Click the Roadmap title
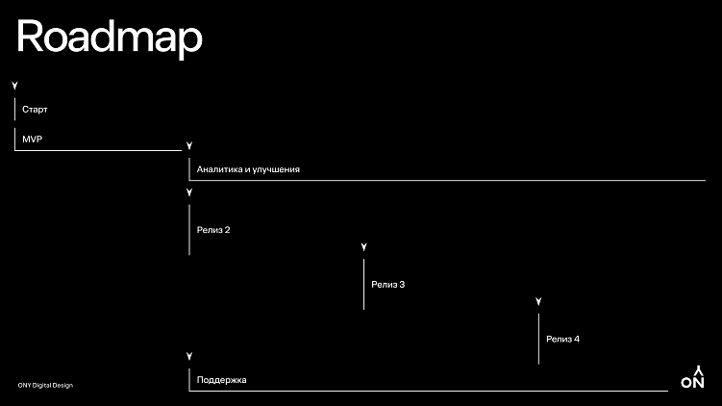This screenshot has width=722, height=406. pyautogui.click(x=109, y=38)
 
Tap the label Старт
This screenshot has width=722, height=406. pyautogui.click(x=35, y=110)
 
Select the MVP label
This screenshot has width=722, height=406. pyautogui.click(x=33, y=140)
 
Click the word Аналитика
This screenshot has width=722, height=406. pyautogui.click(x=218, y=169)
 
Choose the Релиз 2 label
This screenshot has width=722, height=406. pyautogui.click(x=213, y=230)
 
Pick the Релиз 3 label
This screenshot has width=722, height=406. pyautogui.click(x=387, y=285)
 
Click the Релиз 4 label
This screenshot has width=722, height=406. pyautogui.click(x=562, y=339)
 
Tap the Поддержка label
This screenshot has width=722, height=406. pyautogui.click(x=221, y=380)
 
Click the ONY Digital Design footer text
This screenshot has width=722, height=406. pyautogui.click(x=45, y=386)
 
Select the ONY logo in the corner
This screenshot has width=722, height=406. pyautogui.click(x=692, y=377)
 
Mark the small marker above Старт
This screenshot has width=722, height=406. pyautogui.click(x=14, y=87)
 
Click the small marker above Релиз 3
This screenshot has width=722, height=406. pyautogui.click(x=363, y=248)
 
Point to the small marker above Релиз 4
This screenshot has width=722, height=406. pyautogui.click(x=538, y=302)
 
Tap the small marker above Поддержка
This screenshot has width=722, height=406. pyautogui.click(x=189, y=356)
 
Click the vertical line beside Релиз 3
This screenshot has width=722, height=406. pyautogui.click(x=363, y=285)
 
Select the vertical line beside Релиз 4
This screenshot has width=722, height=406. pyautogui.click(x=538, y=339)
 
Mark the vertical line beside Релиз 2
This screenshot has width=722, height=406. pyautogui.click(x=189, y=230)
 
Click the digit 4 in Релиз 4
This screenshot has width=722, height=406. pyautogui.click(x=576, y=339)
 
